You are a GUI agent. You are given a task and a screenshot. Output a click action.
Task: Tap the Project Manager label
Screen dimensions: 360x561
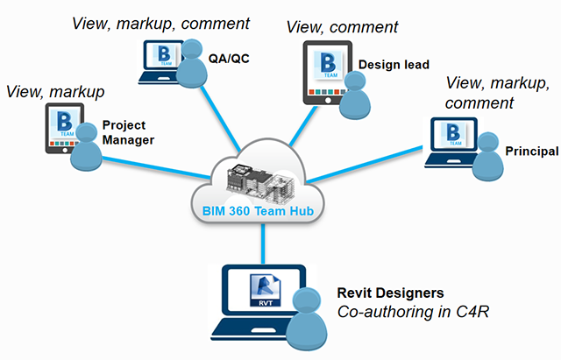[128, 132]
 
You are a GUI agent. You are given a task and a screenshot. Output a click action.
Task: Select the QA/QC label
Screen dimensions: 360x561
[226, 59]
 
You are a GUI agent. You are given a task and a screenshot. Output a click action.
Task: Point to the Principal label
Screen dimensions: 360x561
[531, 152]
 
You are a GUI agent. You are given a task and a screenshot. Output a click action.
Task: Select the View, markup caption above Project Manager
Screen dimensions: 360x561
[54, 91]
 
